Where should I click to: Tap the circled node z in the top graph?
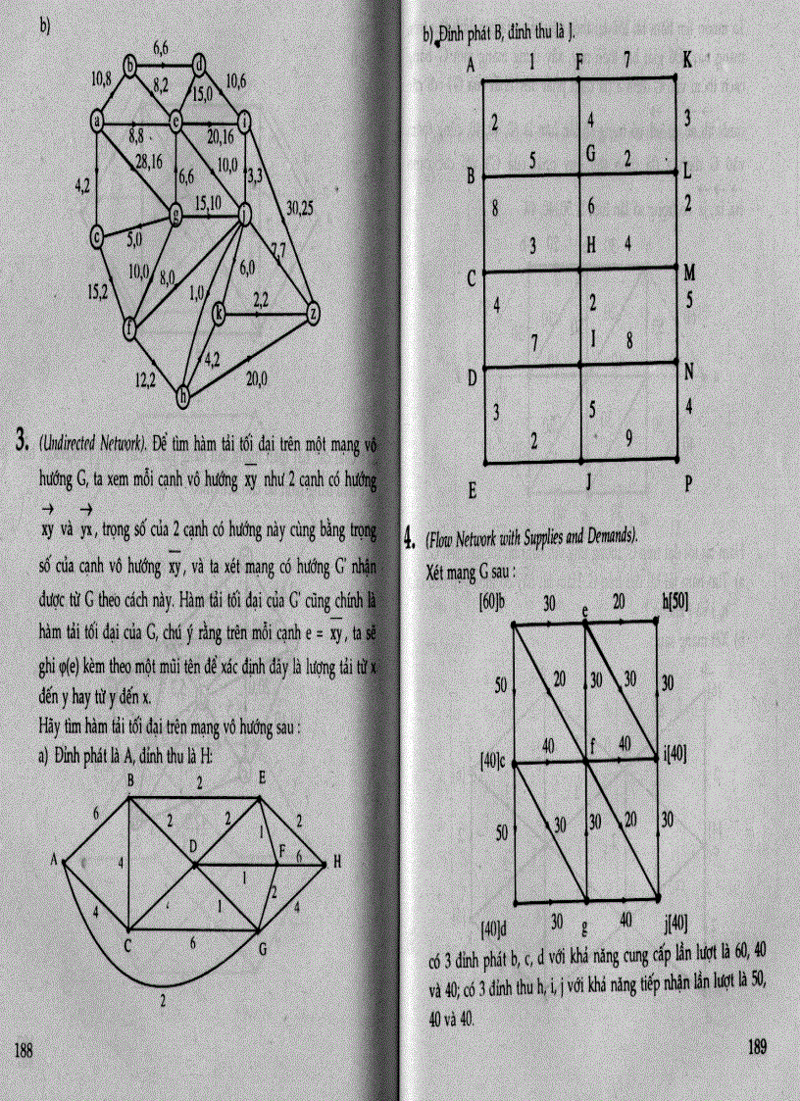[313, 313]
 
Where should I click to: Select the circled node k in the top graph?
[219, 313]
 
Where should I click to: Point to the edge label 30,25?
[300, 208]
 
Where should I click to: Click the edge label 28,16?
[149, 162]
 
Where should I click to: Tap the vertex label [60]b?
[491, 599]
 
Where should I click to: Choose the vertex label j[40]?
[675, 922]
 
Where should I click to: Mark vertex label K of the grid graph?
[687, 61]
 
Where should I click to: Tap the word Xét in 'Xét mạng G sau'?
[438, 569]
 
